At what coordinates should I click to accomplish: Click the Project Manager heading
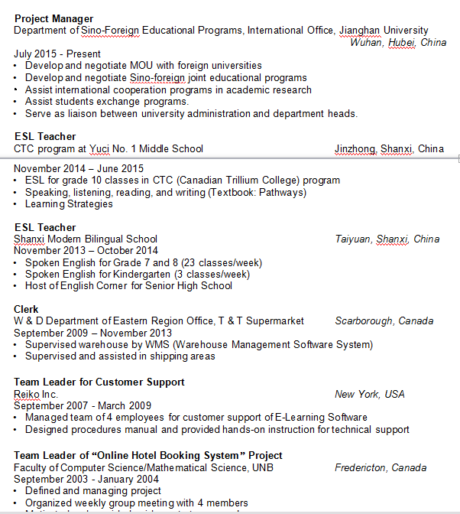(x=53, y=18)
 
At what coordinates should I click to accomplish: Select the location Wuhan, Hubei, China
(x=397, y=43)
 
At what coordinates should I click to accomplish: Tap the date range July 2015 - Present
(x=57, y=54)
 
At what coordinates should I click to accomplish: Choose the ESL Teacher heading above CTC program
(x=45, y=137)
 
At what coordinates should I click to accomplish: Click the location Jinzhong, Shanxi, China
(x=389, y=148)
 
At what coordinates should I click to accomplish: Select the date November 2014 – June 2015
(x=79, y=168)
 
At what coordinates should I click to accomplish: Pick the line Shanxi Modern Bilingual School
(x=86, y=239)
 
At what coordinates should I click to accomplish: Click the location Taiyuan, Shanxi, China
(x=387, y=239)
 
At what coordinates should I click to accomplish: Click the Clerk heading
(x=26, y=309)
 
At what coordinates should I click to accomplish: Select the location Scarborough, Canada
(x=384, y=320)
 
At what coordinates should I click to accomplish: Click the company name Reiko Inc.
(x=36, y=394)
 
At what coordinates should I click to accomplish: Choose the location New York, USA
(x=369, y=394)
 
